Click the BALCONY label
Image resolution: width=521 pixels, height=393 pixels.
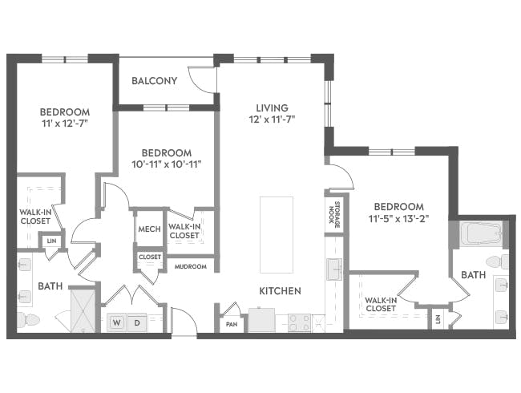tap(154, 80)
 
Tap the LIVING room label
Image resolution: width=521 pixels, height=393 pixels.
tap(272, 107)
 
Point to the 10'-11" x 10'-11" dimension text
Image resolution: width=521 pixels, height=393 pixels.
tap(166, 164)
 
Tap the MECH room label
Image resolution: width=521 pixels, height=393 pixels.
tap(150, 229)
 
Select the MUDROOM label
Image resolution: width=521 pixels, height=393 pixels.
tap(191, 266)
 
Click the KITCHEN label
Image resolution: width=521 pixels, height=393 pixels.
tap(280, 290)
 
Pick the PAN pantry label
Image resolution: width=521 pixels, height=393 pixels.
tap(232, 325)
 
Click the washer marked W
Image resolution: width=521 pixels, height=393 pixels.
tap(116, 323)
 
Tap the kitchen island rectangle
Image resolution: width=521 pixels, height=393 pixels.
tap(276, 233)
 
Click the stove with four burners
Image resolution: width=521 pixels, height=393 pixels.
tap(299, 322)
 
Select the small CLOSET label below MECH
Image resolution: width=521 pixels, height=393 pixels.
tap(150, 257)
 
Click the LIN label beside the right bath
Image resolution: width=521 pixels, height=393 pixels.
tap(438, 319)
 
